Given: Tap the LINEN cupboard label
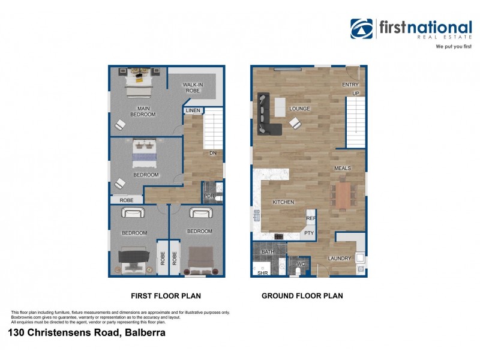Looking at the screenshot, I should [x=193, y=111].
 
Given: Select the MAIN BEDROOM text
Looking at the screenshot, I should [x=143, y=110].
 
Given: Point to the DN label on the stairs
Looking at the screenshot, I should [x=212, y=153].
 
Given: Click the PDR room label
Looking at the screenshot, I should [x=209, y=196].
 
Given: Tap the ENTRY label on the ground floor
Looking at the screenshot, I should [x=350, y=85].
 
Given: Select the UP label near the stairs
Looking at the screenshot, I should [x=355, y=94].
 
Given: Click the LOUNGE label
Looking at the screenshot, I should [x=299, y=109].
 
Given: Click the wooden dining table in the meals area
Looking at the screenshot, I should [x=344, y=195].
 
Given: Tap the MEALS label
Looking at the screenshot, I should [x=342, y=168].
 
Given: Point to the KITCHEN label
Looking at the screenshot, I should [x=283, y=202].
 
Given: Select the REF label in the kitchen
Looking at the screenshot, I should [x=310, y=219].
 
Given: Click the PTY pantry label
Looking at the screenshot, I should [x=309, y=233].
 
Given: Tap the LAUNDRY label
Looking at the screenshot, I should [x=339, y=259].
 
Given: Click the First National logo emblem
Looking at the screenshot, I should [x=362, y=29].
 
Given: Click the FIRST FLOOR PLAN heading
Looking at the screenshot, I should [x=166, y=296].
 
